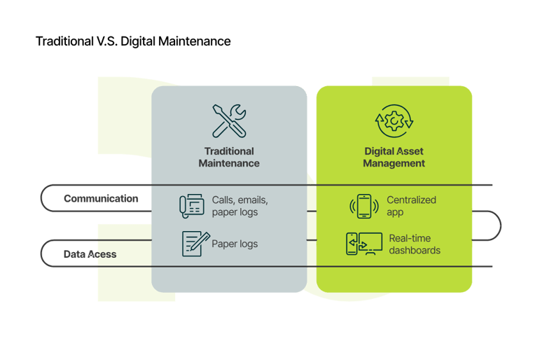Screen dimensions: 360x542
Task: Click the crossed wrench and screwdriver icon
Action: [x=229, y=120]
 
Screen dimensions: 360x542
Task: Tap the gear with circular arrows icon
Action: [x=394, y=121]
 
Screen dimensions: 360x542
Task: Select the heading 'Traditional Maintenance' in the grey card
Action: [x=229, y=157]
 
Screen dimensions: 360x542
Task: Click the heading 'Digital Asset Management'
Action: [x=394, y=157]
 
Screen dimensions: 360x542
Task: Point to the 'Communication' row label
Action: [x=101, y=198]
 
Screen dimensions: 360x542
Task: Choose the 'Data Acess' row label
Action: [x=90, y=254]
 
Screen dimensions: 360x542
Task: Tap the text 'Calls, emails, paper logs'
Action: [x=239, y=206]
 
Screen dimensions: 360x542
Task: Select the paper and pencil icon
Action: [x=192, y=243]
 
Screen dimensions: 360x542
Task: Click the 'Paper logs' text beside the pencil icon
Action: [x=235, y=244]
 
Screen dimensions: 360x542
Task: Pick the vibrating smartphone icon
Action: [x=363, y=206]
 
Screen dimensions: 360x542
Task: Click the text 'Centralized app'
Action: [x=411, y=206]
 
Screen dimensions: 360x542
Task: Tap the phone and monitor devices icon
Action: [x=363, y=244]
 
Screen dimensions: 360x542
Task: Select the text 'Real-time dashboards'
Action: [x=415, y=244]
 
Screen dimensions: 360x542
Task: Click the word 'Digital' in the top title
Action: [x=137, y=41]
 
